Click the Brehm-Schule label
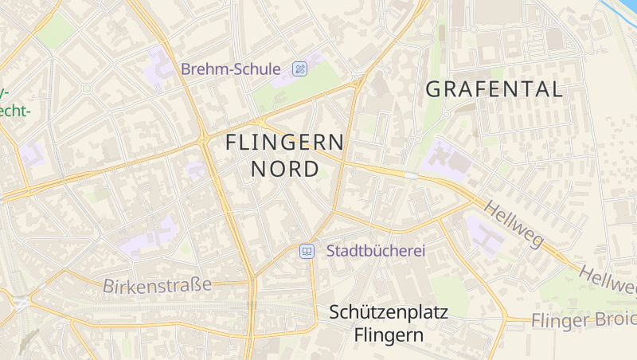[x=230, y=69]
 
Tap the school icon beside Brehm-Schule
[x=300, y=68]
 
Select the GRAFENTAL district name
[x=494, y=89]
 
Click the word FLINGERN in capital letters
[x=285, y=143]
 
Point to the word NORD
[x=285, y=169]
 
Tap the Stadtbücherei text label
[x=376, y=251]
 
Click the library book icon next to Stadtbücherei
[x=307, y=252]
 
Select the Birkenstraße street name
[x=157, y=284]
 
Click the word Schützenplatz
[x=389, y=312]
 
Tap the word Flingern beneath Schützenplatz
[x=389, y=335]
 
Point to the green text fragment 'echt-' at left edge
[x=14, y=110]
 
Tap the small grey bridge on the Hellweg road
[x=411, y=174]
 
